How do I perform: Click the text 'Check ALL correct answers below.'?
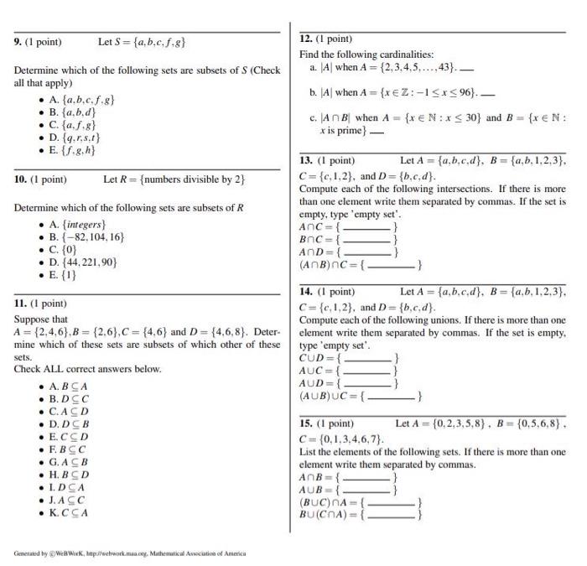point(87,369)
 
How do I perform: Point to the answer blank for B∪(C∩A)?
point(390,516)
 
